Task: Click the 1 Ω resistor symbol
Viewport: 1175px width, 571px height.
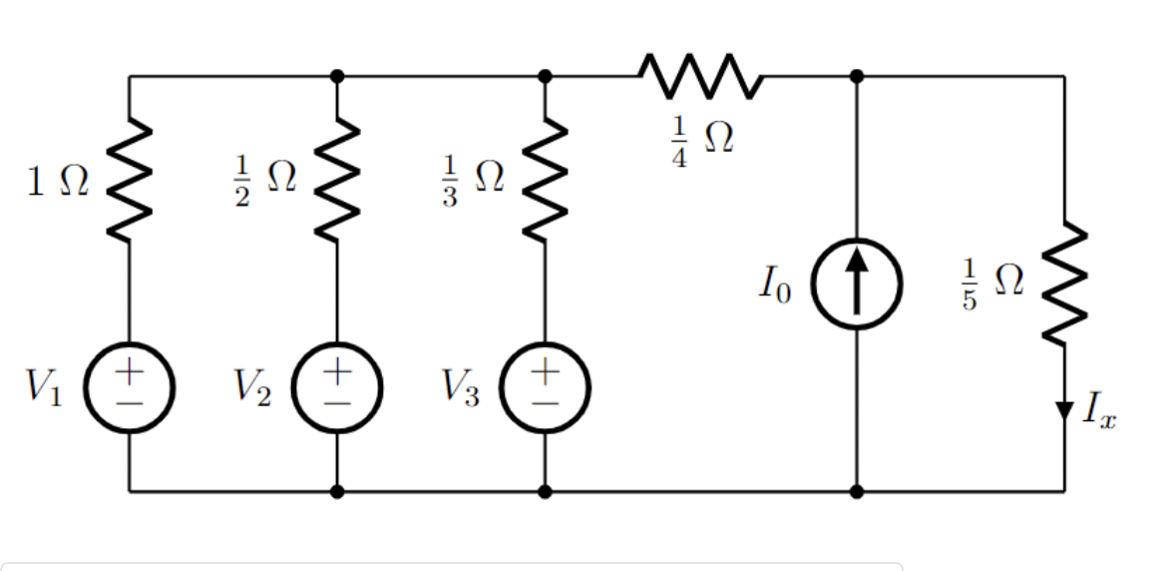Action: [x=130, y=184]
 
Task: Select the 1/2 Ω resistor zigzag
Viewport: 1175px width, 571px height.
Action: [x=337, y=184]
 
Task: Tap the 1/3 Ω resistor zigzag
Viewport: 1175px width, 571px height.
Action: [x=545, y=184]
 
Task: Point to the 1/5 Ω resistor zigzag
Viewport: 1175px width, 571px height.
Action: [x=1063, y=283]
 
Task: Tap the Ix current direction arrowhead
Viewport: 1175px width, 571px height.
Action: [x=1063, y=409]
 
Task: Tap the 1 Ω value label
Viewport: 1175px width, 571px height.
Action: [x=58, y=184]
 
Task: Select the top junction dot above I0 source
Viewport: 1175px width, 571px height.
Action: [x=857, y=75]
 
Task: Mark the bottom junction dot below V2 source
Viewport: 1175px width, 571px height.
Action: [x=337, y=491]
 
